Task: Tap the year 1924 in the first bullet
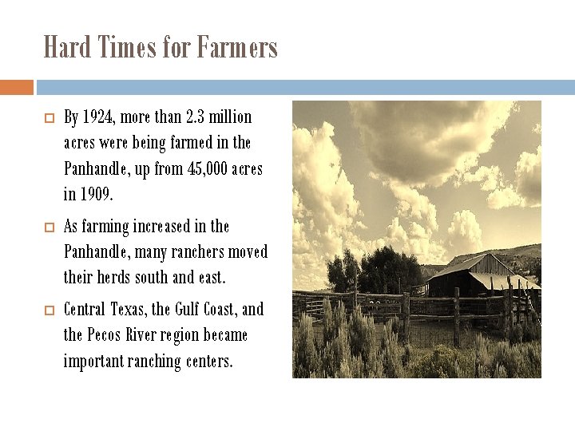pyautogui.click(x=98, y=117)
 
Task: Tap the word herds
pyautogui.click(x=114, y=279)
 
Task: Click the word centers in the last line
pyautogui.click(x=205, y=362)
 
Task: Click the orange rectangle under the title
pyautogui.click(x=16, y=87)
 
